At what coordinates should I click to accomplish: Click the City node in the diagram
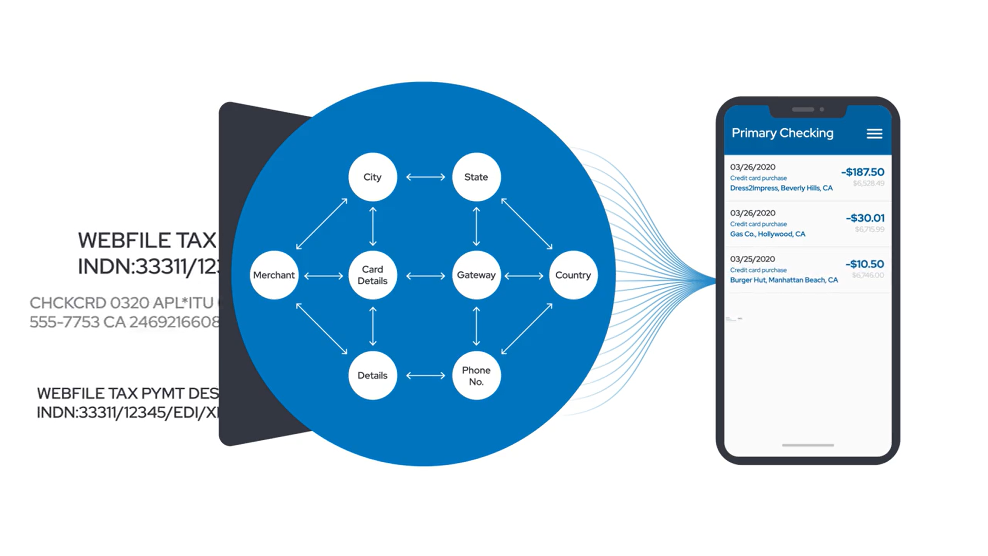(x=373, y=177)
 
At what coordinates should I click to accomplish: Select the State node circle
(x=476, y=177)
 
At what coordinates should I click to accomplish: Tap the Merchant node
(x=274, y=275)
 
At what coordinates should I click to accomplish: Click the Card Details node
(x=373, y=275)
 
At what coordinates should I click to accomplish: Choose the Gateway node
(x=476, y=275)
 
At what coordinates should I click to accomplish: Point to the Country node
(x=573, y=275)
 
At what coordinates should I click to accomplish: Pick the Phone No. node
(x=476, y=375)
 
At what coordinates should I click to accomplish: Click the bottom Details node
(x=373, y=375)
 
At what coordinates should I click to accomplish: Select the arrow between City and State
(x=426, y=177)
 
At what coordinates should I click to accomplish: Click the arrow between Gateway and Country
(x=524, y=276)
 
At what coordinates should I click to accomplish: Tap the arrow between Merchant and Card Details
(x=323, y=276)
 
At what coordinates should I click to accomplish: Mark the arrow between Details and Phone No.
(x=426, y=376)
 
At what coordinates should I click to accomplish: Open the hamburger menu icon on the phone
(x=874, y=134)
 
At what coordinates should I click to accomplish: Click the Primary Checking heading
(x=782, y=133)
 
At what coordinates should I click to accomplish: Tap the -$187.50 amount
(x=862, y=172)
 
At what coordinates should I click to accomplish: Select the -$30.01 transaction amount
(x=865, y=218)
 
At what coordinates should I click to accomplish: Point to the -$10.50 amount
(x=864, y=264)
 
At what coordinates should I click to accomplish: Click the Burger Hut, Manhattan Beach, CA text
(x=784, y=280)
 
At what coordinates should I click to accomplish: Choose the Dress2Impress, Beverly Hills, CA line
(x=781, y=188)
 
